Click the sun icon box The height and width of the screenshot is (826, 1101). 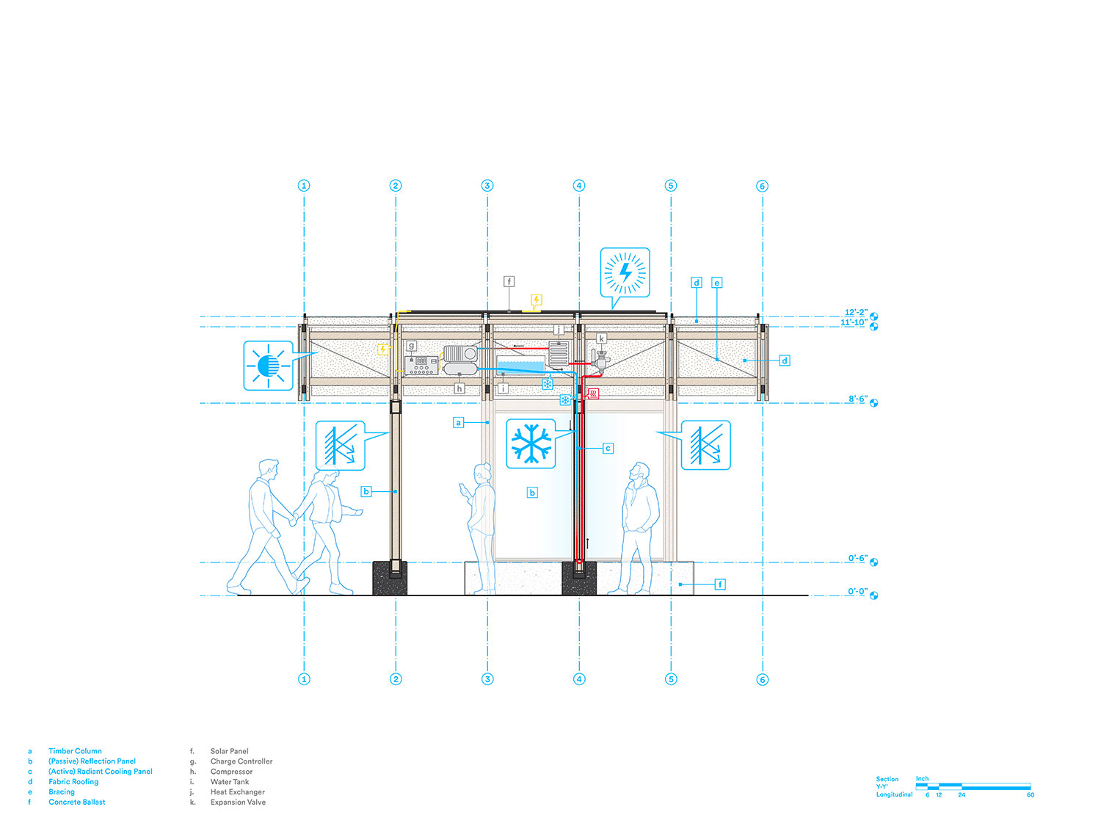point(268,365)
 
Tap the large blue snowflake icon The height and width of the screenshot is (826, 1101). point(530,443)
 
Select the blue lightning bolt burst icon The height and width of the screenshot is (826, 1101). point(625,272)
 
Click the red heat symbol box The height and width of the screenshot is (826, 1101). point(593,394)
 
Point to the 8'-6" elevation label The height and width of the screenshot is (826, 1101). point(857,399)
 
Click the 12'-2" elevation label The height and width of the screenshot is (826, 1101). point(856,312)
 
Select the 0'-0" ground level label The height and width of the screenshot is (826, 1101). point(857,591)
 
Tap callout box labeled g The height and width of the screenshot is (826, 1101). point(411,346)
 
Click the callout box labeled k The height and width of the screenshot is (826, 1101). point(601,338)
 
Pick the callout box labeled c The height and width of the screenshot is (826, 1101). point(608,448)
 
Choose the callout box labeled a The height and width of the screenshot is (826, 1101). point(458,422)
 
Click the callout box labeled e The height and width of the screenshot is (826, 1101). point(716,283)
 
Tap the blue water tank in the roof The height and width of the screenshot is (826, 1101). point(520,365)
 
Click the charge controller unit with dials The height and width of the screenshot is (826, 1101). point(421,365)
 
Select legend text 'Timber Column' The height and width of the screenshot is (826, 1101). point(76,751)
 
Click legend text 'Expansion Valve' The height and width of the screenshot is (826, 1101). point(238,802)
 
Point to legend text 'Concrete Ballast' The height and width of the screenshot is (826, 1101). point(77,802)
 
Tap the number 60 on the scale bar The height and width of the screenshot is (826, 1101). point(1031,794)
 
